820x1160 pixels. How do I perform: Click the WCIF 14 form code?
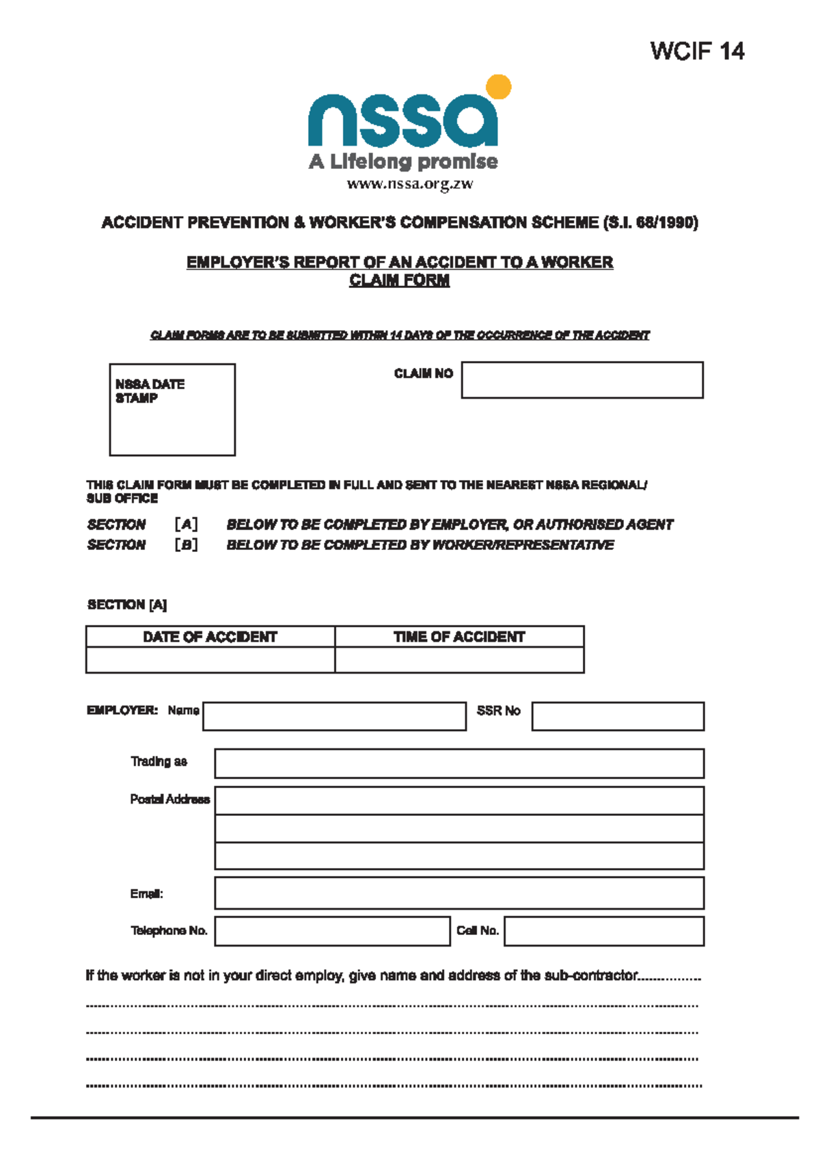(x=696, y=51)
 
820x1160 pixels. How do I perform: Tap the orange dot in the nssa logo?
(x=498, y=88)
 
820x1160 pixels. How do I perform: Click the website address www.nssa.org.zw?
(x=409, y=184)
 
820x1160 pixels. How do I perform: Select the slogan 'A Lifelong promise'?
(x=403, y=162)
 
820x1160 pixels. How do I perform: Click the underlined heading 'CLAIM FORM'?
(x=399, y=280)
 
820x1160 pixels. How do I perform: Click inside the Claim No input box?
(x=582, y=380)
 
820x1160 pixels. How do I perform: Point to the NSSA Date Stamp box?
(x=172, y=410)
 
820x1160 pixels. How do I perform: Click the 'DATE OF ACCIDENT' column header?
(x=210, y=637)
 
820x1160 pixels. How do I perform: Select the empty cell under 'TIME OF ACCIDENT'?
(x=459, y=660)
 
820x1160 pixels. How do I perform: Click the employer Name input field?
(x=334, y=716)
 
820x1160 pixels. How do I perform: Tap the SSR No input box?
(x=618, y=716)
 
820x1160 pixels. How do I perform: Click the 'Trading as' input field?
(x=459, y=763)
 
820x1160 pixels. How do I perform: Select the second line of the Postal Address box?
(x=459, y=828)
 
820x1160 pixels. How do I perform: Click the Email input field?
(x=459, y=893)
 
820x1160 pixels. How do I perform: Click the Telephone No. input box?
(x=332, y=932)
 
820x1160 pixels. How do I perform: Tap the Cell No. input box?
(x=604, y=932)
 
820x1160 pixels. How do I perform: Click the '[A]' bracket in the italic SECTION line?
(x=186, y=525)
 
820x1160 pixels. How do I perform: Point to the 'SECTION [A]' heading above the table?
(x=126, y=605)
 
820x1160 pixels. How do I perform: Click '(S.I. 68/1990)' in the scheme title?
(x=651, y=223)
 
